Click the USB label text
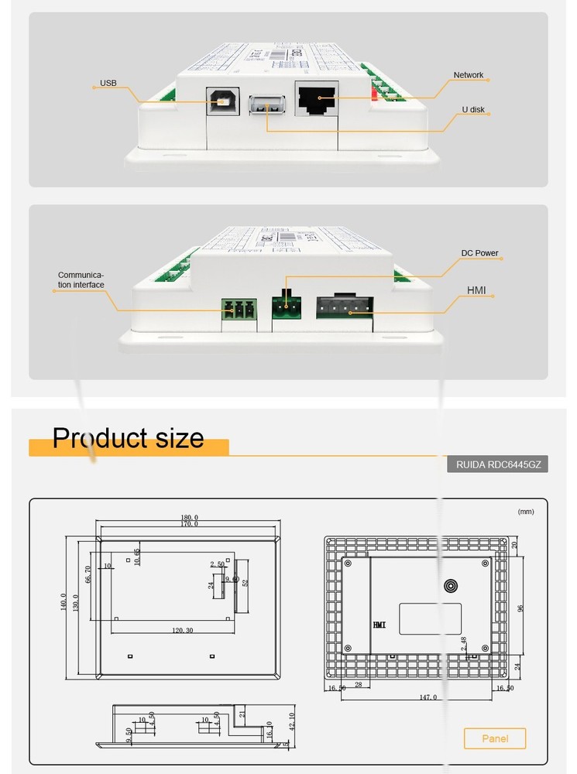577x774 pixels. click(108, 83)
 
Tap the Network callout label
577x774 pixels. click(468, 75)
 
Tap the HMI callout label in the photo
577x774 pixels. click(476, 290)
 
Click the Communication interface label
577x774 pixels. click(81, 280)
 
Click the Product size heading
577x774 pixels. click(128, 438)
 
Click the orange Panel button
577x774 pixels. click(495, 738)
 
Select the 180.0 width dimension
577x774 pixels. click(189, 517)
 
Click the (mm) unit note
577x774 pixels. click(526, 512)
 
